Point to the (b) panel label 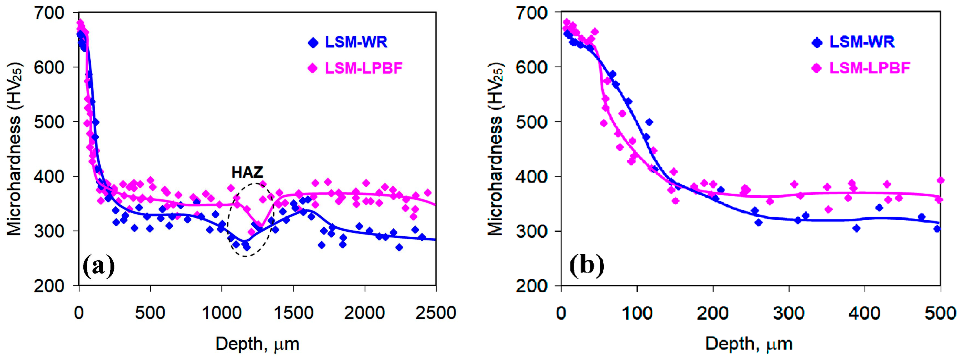click(587, 266)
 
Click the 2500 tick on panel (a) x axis click(435, 313)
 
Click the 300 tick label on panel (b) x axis click(789, 313)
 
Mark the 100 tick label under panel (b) click(637, 313)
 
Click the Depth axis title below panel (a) click(257, 344)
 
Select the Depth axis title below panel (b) click(749, 344)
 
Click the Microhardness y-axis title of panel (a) click(15, 149)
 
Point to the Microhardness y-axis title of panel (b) click(496, 149)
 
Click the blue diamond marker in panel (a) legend click(313, 43)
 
